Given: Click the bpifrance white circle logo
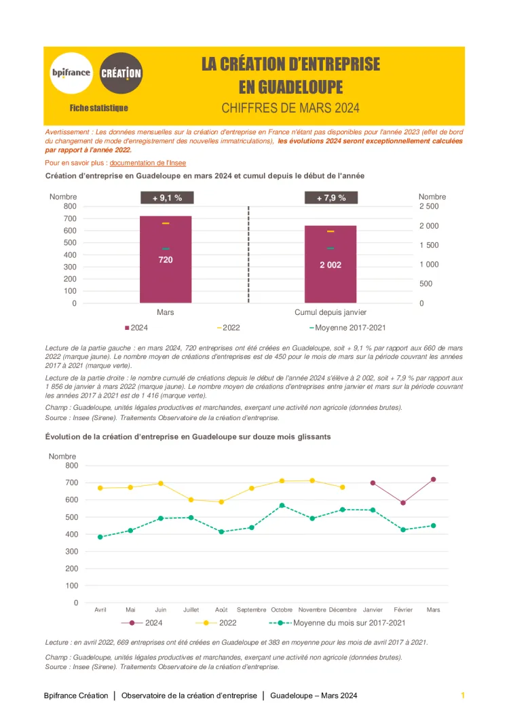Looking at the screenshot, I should pyautogui.click(x=71, y=73).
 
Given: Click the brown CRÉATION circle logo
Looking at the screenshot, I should pyautogui.click(x=121, y=73).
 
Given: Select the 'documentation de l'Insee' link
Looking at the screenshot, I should pyautogui.click(x=147, y=163).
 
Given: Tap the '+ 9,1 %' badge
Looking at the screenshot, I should pyautogui.click(x=166, y=198).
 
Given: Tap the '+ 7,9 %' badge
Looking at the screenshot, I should pyautogui.click(x=331, y=198).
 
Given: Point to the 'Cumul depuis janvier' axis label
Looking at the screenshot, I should pyautogui.click(x=331, y=312).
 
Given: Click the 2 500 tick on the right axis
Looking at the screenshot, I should pyautogui.click(x=429, y=206).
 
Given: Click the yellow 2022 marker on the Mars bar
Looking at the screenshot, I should pyautogui.click(x=166, y=223).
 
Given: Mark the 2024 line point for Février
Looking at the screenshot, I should pyautogui.click(x=403, y=503).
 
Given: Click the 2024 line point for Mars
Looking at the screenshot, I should pyautogui.click(x=433, y=479).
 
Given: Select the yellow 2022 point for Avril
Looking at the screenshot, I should pyautogui.click(x=100, y=488).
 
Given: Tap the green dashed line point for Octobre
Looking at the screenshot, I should pyautogui.click(x=282, y=506).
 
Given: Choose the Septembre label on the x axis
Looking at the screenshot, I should pyautogui.click(x=252, y=609).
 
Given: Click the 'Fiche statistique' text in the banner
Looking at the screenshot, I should pyautogui.click(x=99, y=108).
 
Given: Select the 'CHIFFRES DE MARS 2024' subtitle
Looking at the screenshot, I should pyautogui.click(x=290, y=108).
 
